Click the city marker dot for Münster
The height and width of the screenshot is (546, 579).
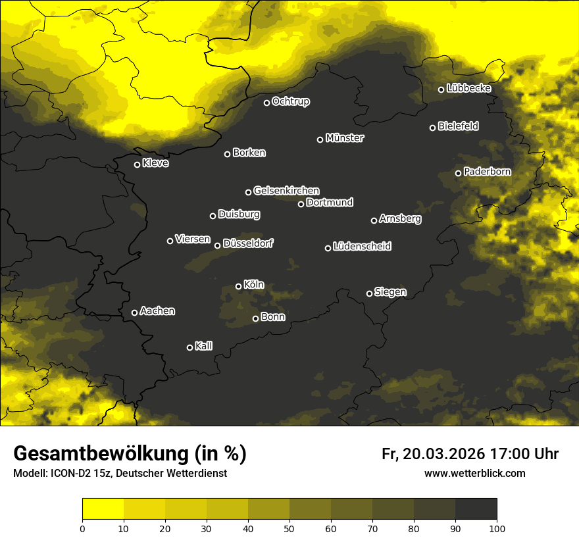click(320, 139)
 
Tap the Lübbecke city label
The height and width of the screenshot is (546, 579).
click(468, 88)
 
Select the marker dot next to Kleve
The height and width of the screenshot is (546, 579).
click(138, 164)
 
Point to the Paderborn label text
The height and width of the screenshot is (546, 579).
click(487, 172)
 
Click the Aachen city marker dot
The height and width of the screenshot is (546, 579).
click(135, 312)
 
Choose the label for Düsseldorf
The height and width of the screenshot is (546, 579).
click(248, 243)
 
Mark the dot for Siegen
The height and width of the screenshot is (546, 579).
click(369, 293)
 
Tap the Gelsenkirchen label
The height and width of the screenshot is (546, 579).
click(286, 191)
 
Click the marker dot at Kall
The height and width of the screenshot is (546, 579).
click(190, 347)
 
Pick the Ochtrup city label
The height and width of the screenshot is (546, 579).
click(290, 101)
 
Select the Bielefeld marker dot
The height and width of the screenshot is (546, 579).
click(433, 128)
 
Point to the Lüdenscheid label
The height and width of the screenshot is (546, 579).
click(362, 247)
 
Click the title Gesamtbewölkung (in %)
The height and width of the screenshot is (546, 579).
click(130, 453)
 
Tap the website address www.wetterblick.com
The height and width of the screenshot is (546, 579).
click(474, 473)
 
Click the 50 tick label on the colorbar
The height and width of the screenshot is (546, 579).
click(289, 528)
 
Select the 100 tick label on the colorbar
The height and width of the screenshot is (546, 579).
click(497, 528)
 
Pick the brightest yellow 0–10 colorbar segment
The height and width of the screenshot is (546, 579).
click(103, 509)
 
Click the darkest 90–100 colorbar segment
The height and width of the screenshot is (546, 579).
click(476, 509)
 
